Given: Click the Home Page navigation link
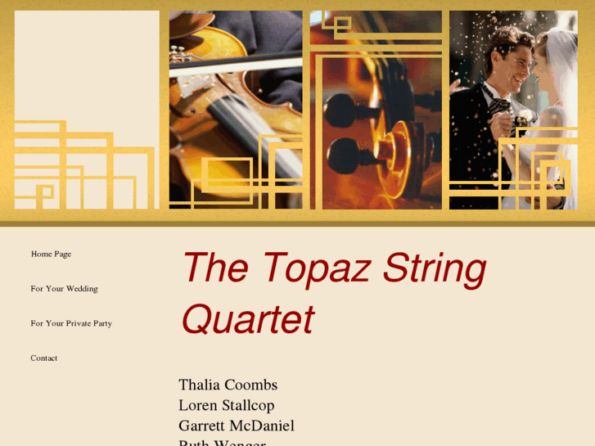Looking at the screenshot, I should pos(51,255).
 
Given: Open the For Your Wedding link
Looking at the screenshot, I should pos(64,289).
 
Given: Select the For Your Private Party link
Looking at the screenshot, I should pos(71,323).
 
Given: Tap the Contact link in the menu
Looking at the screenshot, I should pos(44,358).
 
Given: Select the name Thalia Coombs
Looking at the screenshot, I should pos(228,385).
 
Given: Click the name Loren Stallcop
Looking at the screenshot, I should pos(226,405).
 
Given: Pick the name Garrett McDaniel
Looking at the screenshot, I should pos(236,426).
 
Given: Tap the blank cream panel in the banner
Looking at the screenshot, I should pos(86,65).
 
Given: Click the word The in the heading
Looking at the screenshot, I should pos(214,268).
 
